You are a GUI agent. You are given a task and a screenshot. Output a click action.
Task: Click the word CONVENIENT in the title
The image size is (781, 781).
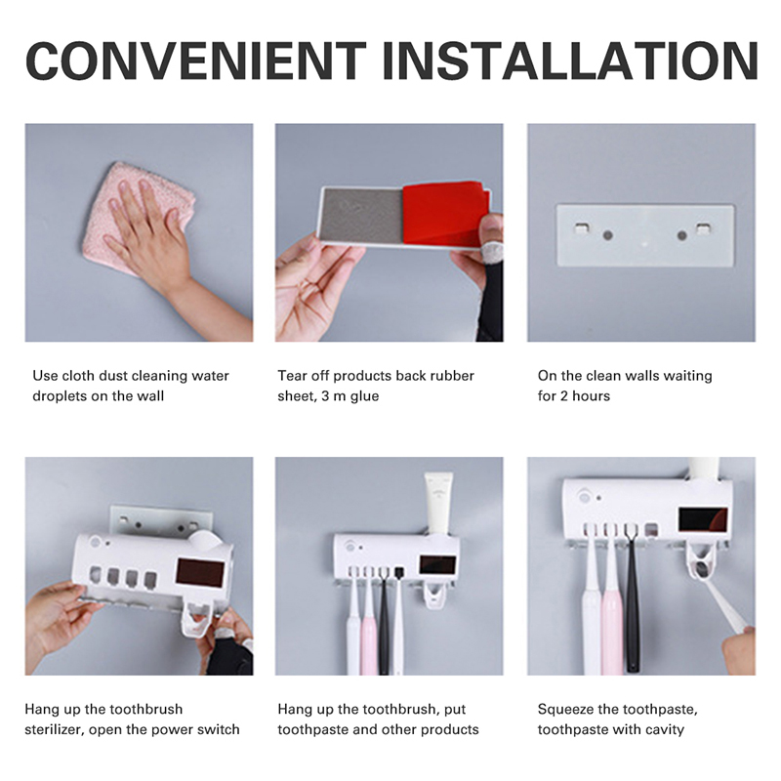[196, 61]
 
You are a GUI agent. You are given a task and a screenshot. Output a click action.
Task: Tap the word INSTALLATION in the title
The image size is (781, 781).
[570, 61]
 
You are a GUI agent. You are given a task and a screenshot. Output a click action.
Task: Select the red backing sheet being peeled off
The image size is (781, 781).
[446, 213]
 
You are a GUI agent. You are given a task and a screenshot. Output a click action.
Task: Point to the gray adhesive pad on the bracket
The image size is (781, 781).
[361, 216]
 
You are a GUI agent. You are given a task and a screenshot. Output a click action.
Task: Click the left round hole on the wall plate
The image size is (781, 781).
[607, 235]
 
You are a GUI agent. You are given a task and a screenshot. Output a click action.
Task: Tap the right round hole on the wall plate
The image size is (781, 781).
[681, 235]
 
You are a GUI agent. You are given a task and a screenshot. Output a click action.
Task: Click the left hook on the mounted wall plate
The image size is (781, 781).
[581, 228]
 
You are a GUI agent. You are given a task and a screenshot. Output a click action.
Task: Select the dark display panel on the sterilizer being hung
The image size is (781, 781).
[201, 572]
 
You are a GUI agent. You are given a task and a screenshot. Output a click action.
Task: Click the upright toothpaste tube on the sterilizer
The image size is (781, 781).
[438, 503]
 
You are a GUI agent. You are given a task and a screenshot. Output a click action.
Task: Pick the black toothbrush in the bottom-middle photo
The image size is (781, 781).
[384, 622]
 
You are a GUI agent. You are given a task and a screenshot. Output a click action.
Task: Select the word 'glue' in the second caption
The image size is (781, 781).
[364, 396]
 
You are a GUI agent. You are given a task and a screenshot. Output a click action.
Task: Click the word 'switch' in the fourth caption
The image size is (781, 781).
[218, 729]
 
